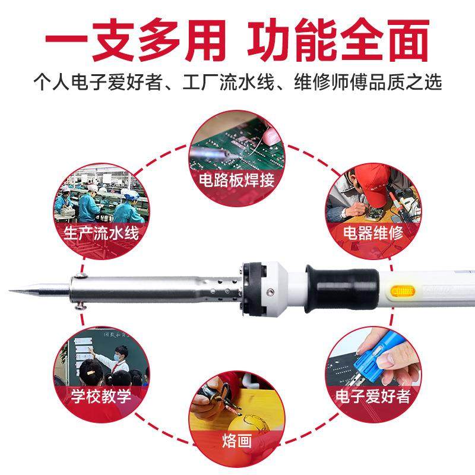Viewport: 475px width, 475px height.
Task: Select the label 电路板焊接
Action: click(x=237, y=179)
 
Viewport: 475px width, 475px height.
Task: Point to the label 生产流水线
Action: click(x=100, y=232)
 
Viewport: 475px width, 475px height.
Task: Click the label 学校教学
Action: click(x=101, y=395)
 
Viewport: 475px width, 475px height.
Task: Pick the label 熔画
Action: click(x=237, y=442)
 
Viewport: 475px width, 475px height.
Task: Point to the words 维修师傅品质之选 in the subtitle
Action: click(x=368, y=81)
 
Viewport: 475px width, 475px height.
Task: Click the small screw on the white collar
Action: click(x=271, y=292)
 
